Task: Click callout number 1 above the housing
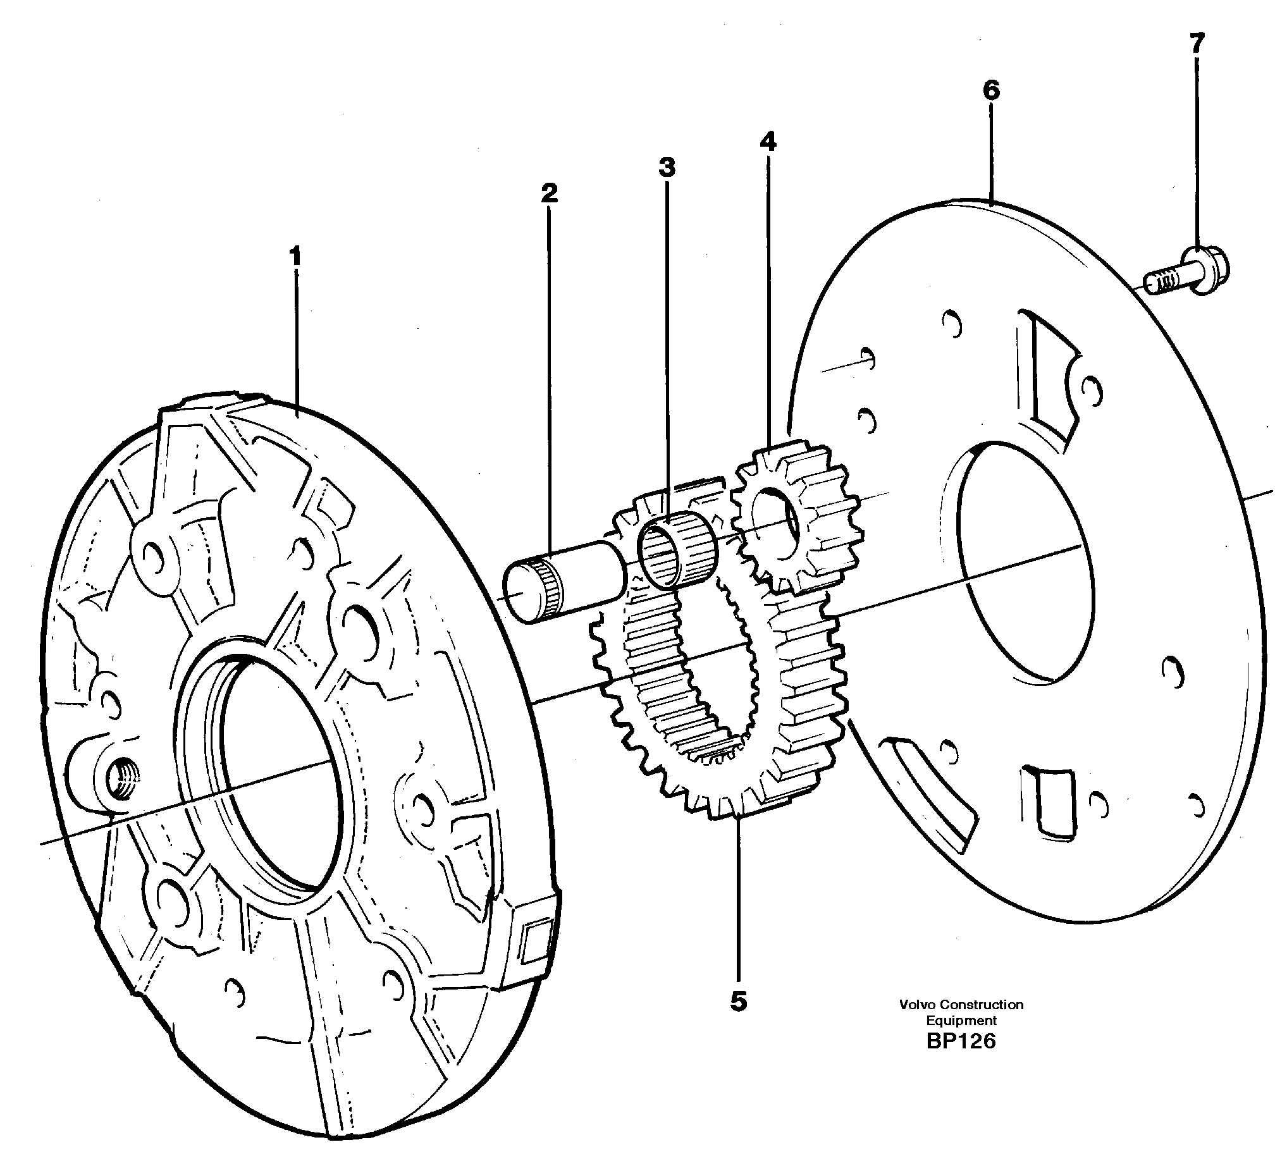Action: tap(295, 258)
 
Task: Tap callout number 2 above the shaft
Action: tap(549, 193)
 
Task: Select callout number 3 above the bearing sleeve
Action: tap(667, 168)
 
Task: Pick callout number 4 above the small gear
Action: tap(768, 142)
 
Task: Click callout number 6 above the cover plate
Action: tap(991, 91)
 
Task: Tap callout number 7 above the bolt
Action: tap(1197, 44)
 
